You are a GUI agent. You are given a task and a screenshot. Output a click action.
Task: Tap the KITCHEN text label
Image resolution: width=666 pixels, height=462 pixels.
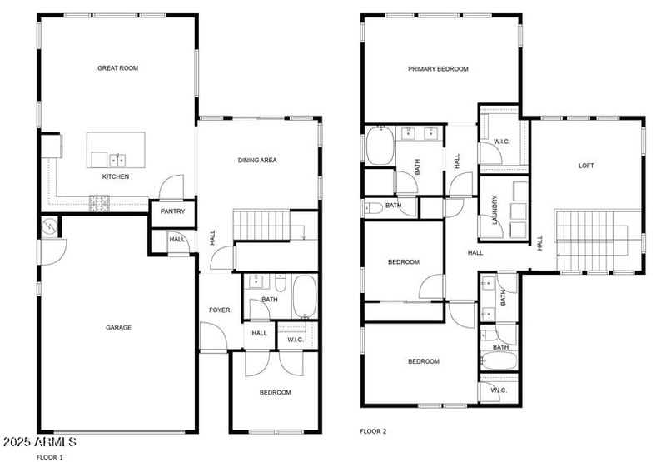pyautogui.click(x=116, y=176)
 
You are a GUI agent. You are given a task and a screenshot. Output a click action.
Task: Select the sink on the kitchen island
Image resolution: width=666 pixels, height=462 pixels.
pyautogui.click(x=117, y=158)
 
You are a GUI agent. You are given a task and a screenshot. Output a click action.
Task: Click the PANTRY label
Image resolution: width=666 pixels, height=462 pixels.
pyautogui.click(x=173, y=212)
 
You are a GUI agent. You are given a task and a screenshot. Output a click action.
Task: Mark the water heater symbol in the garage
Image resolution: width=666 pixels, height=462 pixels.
pyautogui.click(x=48, y=226)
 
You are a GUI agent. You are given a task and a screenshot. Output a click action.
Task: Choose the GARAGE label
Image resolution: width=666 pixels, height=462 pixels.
pyautogui.click(x=118, y=328)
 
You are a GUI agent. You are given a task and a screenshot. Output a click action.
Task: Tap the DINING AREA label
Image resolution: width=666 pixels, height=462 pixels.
pyautogui.click(x=257, y=161)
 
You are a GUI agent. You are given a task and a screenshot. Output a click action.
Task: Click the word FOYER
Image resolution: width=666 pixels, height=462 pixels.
pyautogui.click(x=219, y=310)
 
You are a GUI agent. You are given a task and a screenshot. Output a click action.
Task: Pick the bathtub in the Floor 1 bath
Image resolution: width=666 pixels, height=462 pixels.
pyautogui.click(x=305, y=296)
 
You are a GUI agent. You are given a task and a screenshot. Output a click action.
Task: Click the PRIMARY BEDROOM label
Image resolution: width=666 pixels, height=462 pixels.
pyautogui.click(x=438, y=69)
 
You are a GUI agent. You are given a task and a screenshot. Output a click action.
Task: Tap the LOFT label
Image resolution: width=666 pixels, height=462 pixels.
pyautogui.click(x=587, y=166)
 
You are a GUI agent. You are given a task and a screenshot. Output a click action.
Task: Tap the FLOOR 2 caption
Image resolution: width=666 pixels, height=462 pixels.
pyautogui.click(x=373, y=431)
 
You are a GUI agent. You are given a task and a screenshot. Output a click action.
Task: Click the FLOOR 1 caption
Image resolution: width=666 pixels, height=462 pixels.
pyautogui.click(x=49, y=457)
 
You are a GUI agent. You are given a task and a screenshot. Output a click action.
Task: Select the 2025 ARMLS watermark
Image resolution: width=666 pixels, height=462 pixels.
pyautogui.click(x=40, y=441)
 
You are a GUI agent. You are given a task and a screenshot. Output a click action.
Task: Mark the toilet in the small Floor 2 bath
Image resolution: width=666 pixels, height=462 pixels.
pyautogui.click(x=373, y=206)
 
